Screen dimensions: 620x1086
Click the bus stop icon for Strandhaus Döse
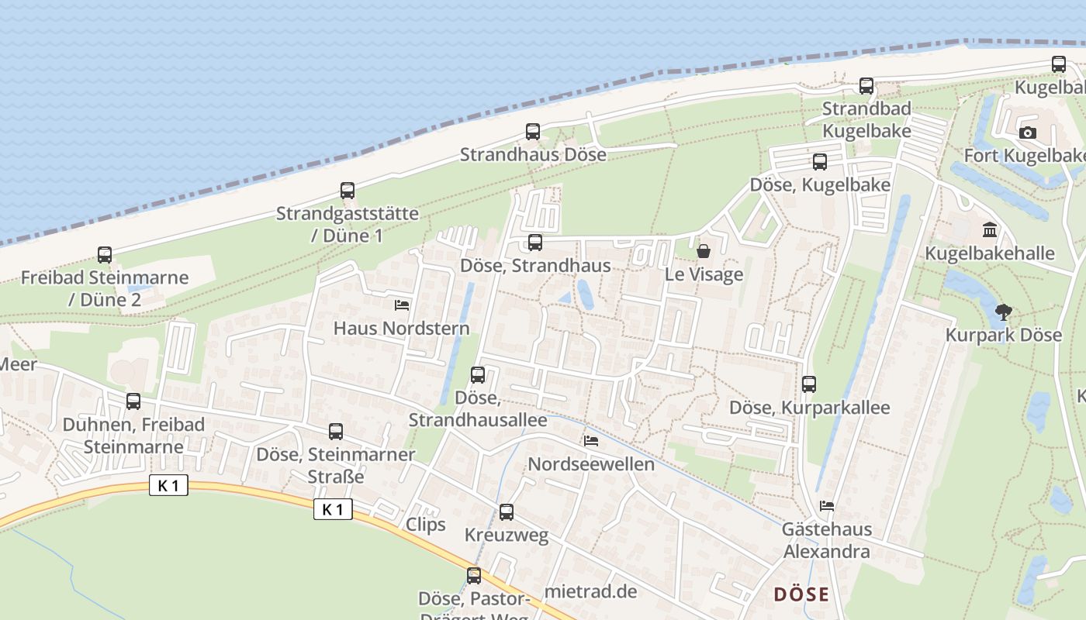point(532,132)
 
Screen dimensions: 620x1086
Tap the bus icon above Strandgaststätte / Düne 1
point(348,191)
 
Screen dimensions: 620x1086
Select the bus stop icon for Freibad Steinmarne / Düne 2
point(104,255)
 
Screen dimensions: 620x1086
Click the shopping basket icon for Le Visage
point(704,251)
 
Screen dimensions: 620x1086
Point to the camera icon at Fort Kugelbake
point(1028,133)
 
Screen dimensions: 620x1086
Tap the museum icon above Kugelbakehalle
point(990,230)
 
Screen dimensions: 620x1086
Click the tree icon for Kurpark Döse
point(1003,312)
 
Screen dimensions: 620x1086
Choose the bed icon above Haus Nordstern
point(401,305)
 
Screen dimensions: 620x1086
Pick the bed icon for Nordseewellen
point(591,441)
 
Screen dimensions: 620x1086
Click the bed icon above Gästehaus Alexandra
point(827,506)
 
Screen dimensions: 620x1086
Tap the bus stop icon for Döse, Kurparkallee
point(809,384)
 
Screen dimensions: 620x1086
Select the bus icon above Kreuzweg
point(507,512)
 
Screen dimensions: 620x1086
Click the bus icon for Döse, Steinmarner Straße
point(336,432)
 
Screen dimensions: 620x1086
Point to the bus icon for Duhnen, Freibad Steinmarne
point(133,401)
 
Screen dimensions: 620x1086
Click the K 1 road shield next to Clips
point(334,509)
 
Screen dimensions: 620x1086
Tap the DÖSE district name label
point(801,595)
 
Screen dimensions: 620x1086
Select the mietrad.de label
point(591,591)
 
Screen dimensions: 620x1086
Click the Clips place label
point(426,525)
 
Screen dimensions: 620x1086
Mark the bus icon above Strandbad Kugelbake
point(866,86)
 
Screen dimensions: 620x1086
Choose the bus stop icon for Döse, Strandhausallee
point(478,375)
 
